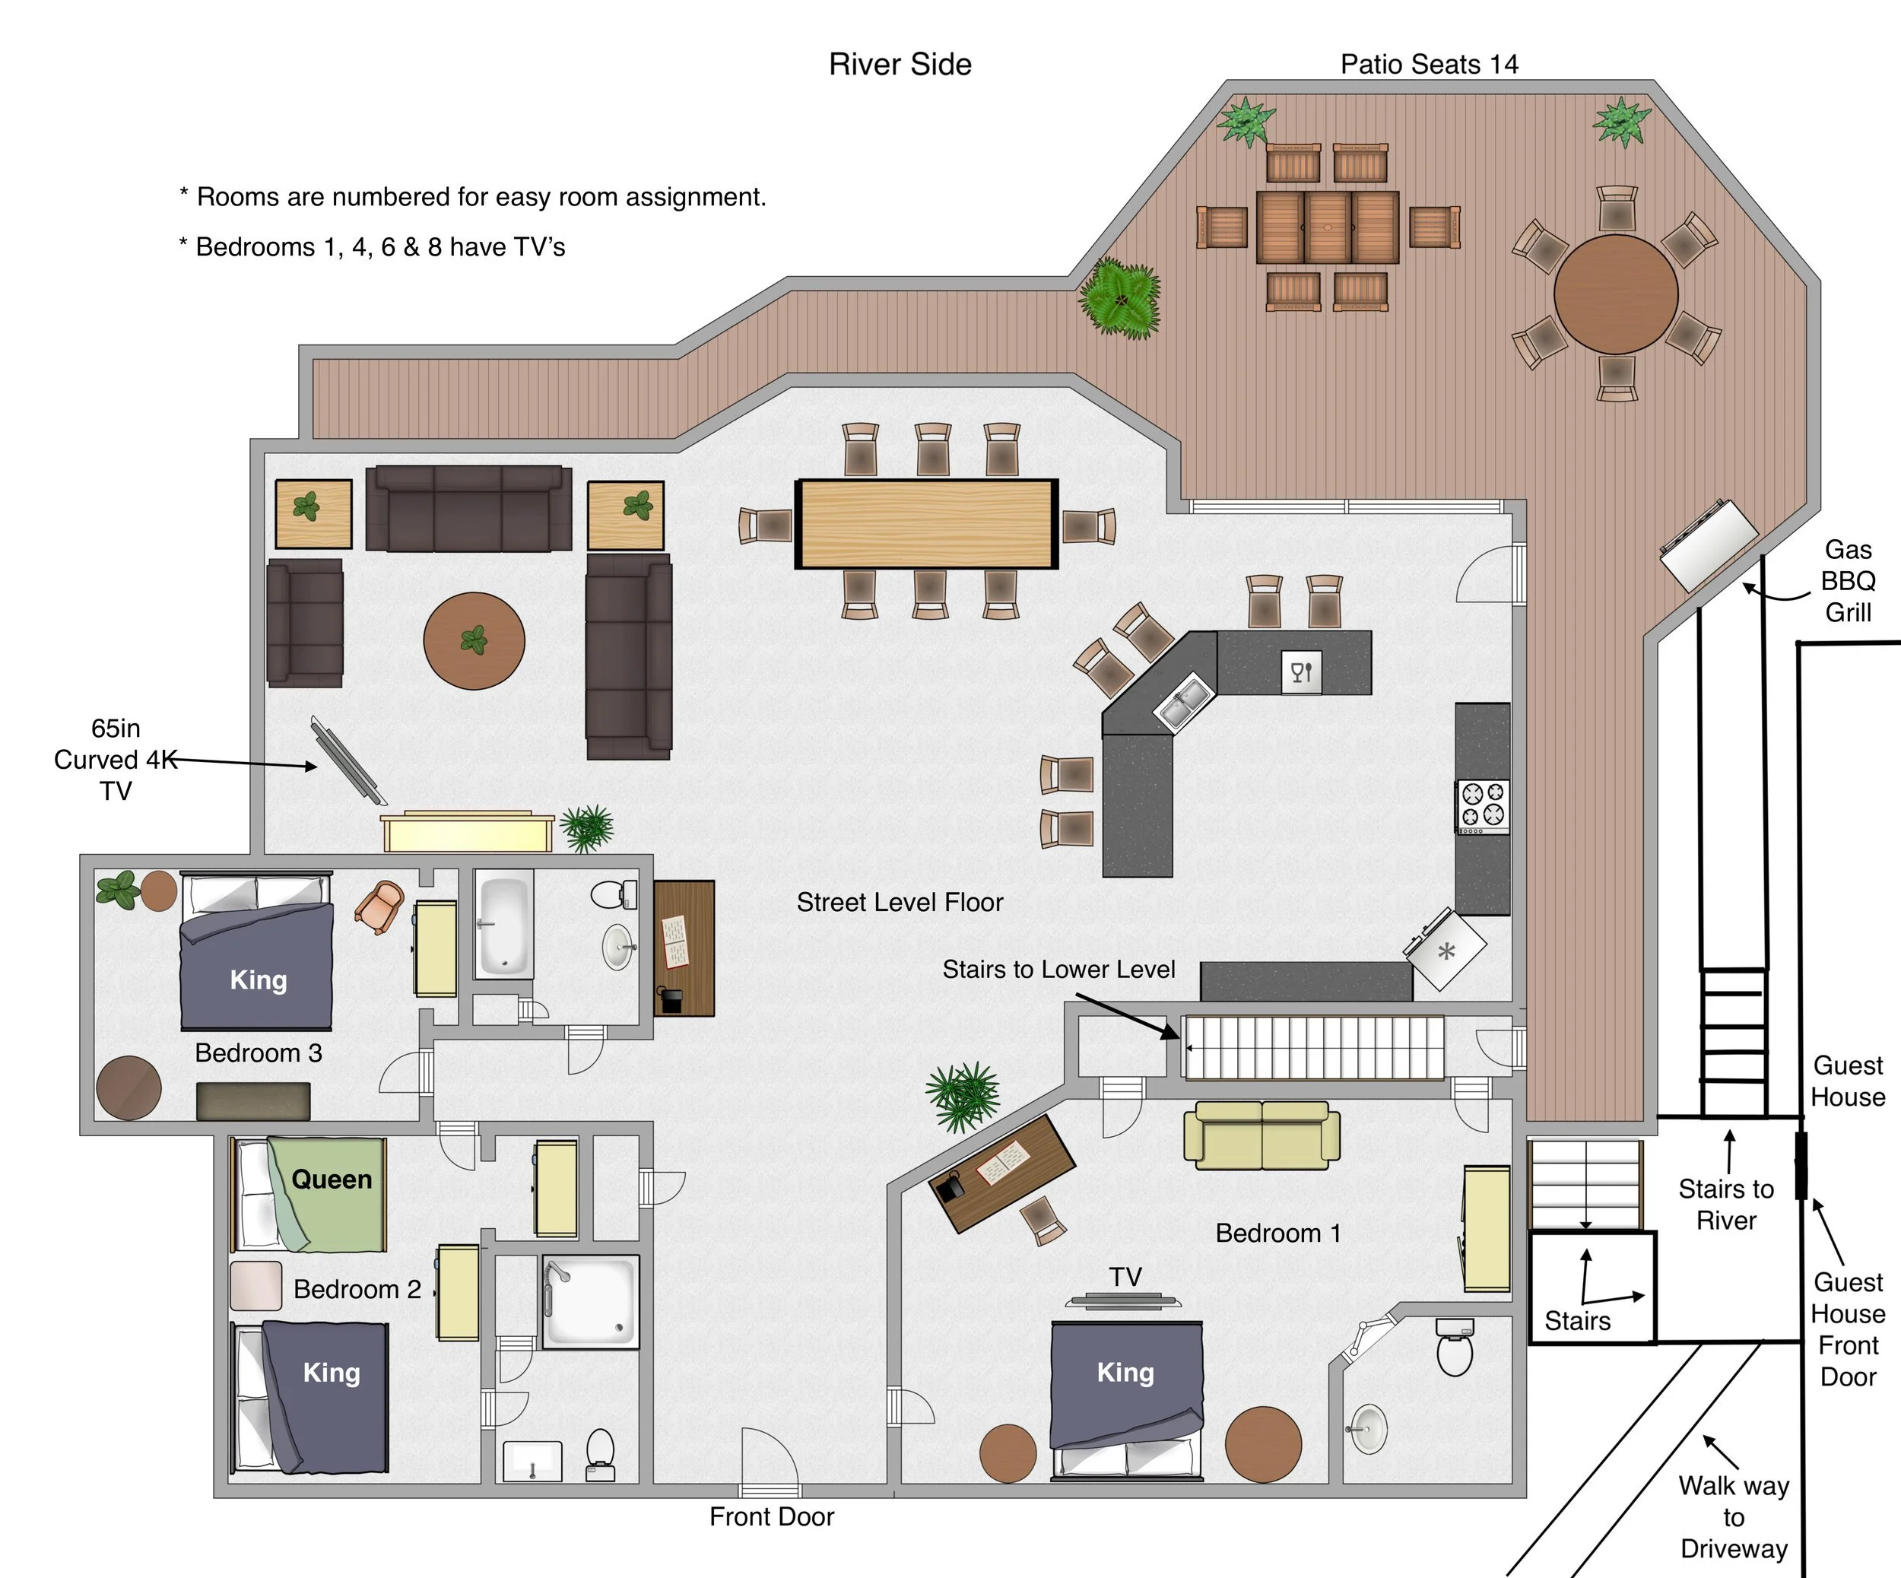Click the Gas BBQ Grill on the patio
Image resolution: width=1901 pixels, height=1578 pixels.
1708,545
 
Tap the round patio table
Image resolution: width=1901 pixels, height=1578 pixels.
1616,294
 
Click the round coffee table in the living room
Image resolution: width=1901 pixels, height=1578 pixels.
474,640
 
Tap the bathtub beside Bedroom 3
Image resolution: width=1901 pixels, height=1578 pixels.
503,923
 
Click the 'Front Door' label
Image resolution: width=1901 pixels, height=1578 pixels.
771,1516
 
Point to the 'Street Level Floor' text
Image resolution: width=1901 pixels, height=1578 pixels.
900,902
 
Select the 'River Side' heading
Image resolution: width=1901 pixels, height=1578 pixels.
900,65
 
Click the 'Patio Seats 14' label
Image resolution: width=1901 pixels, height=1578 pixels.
1429,65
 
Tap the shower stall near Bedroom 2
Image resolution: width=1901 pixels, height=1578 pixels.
590,1301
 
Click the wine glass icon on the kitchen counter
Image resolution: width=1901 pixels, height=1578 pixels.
1301,672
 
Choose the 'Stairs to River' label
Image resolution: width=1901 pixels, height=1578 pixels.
1725,1204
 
